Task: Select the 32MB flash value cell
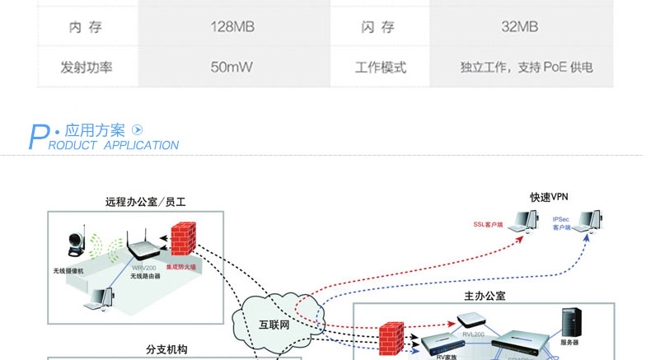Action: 519,27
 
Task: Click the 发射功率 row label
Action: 86,67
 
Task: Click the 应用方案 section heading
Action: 95,130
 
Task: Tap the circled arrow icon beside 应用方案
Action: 138,130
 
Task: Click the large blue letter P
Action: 38,137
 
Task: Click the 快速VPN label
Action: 549,197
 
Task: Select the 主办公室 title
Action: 485,296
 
